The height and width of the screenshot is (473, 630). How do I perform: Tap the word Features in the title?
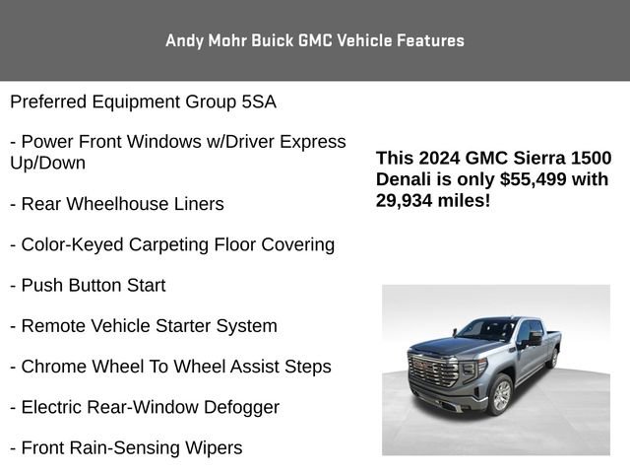pyautogui.click(x=430, y=40)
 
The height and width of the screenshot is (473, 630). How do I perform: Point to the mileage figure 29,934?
pyautogui.click(x=409, y=200)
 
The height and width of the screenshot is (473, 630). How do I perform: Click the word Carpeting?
pyautogui.click(x=157, y=244)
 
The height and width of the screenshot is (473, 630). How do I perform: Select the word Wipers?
pyautogui.click(x=210, y=447)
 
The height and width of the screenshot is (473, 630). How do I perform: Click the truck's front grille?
pyautogui.click(x=441, y=378)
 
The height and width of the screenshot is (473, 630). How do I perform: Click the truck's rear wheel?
pyautogui.click(x=553, y=358)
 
